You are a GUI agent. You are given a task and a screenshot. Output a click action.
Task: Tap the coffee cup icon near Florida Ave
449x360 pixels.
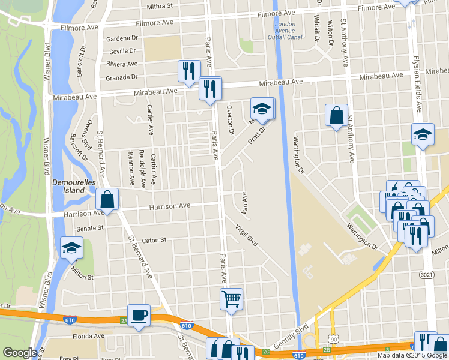pos(139,316)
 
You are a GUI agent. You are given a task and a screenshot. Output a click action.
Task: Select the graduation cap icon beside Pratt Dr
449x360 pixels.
pos(262,109)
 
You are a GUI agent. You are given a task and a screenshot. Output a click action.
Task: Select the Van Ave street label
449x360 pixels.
pos(244,203)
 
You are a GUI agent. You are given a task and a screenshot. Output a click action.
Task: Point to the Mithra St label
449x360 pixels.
pos(160,6)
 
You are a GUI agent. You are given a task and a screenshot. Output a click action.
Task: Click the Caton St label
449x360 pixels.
pos(154,240)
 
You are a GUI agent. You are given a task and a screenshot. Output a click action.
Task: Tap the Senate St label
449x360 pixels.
pos(90,229)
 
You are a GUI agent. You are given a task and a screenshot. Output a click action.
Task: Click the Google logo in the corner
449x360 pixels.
pos(20,353)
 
